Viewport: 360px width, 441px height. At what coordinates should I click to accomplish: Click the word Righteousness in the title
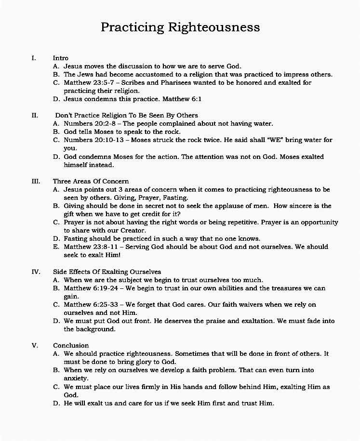pyautogui.click(x=214, y=27)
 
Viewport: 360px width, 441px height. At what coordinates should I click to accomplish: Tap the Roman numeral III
pyautogui.click(x=36, y=181)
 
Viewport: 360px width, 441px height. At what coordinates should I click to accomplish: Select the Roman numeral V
pyautogui.click(x=34, y=345)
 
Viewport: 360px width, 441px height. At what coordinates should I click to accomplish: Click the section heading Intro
pyautogui.click(x=61, y=58)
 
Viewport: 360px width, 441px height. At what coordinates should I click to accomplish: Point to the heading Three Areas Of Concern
pyautogui.click(x=91, y=181)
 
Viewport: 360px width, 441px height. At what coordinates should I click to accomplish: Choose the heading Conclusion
pyautogui.click(x=71, y=345)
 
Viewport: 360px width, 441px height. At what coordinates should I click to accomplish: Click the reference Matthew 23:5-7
pyautogui.click(x=88, y=82)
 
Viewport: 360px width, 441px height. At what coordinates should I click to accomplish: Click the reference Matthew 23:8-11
pyautogui.click(x=89, y=246)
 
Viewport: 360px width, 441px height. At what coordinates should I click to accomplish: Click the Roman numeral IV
pyautogui.click(x=36, y=272)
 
